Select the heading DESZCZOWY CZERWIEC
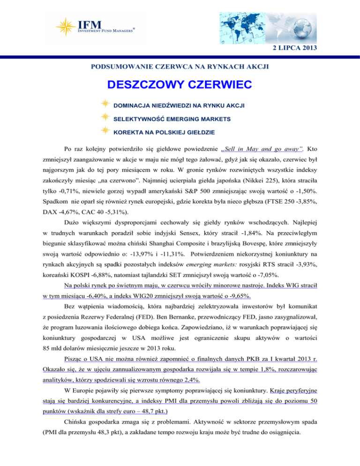pyautogui.click(x=180, y=85)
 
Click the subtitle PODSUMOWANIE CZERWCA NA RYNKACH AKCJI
pyautogui.click(x=180, y=67)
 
